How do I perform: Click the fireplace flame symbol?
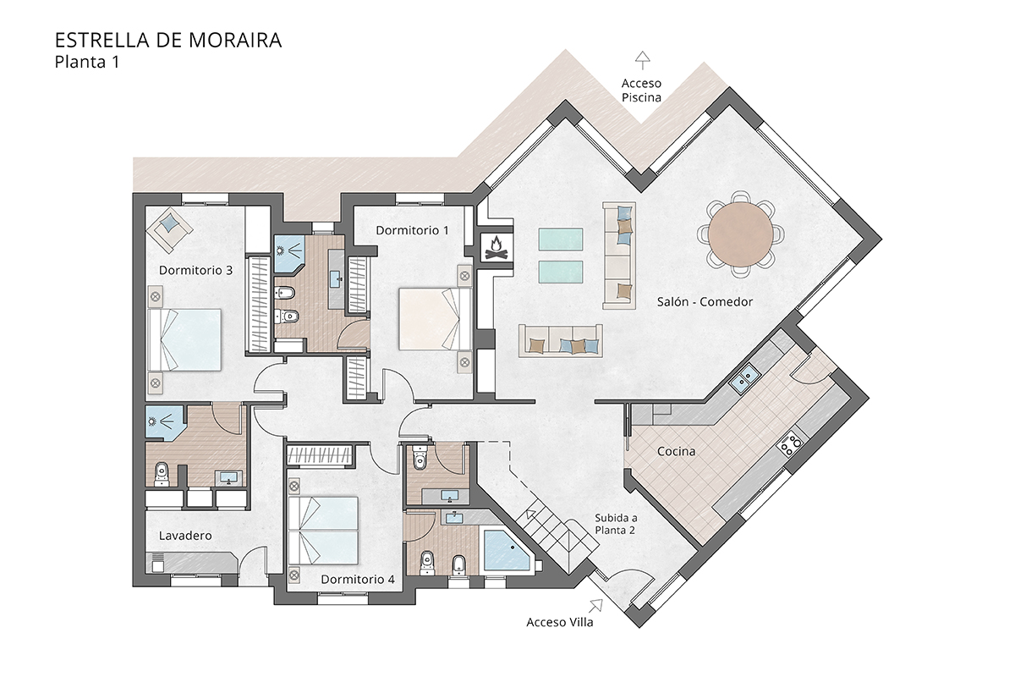[x=497, y=247]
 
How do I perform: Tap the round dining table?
[x=741, y=234]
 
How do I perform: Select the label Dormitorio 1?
[x=412, y=230]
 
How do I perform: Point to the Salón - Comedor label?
[x=705, y=301]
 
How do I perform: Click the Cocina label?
[x=676, y=451]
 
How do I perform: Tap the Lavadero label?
[x=185, y=536]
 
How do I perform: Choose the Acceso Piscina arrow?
[x=643, y=60]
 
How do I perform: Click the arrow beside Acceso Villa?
[x=595, y=606]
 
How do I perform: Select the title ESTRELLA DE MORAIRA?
[x=168, y=41]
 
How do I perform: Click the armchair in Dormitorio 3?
[x=169, y=229]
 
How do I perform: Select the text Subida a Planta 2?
[x=616, y=524]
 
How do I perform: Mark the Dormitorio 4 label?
[x=358, y=579]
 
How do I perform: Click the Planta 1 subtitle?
[x=87, y=62]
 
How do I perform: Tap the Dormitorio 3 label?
[x=195, y=270]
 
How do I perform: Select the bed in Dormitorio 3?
[x=185, y=339]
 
